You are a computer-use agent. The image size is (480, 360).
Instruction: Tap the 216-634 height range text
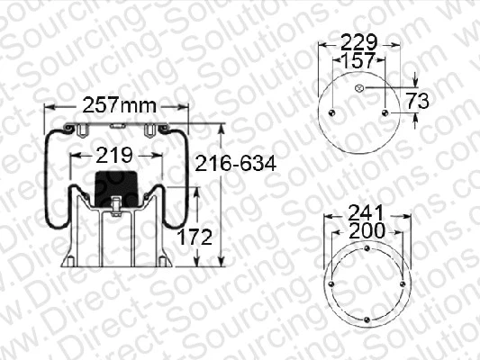232,163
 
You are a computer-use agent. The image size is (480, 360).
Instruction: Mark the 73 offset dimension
417,99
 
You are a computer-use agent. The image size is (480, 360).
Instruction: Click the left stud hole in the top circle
332,112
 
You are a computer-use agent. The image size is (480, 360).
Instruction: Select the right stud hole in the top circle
387,112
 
